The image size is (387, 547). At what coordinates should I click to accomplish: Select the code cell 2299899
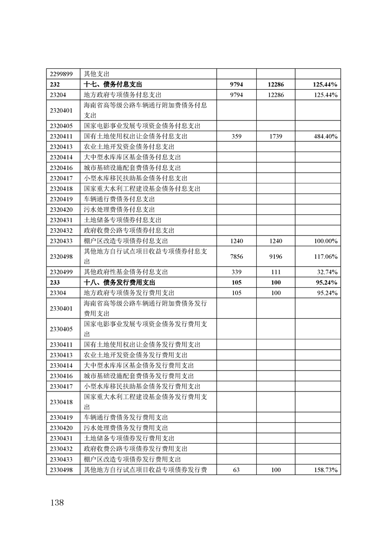click(61, 74)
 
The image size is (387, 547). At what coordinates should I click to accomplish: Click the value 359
click(236, 137)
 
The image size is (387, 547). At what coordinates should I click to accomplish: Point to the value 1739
click(275, 137)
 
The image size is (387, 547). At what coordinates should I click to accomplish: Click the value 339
click(236, 272)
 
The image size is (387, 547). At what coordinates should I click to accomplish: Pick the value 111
click(275, 272)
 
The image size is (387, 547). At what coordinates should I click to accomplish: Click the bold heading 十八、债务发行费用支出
click(119, 282)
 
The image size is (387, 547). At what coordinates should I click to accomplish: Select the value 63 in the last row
click(236, 470)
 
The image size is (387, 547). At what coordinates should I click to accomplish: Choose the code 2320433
click(61, 241)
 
